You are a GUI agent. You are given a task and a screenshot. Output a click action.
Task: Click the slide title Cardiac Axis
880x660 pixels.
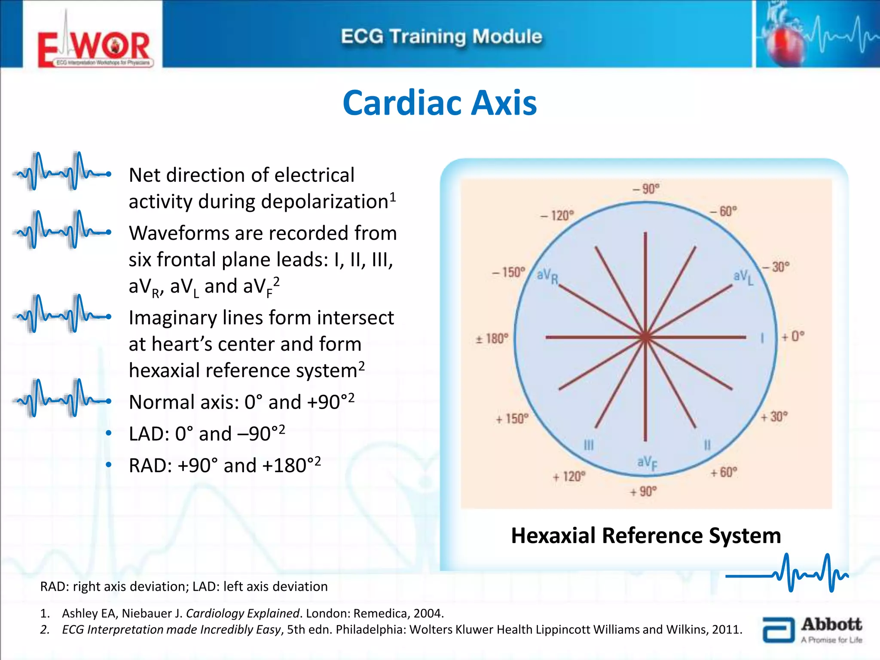coord(440,103)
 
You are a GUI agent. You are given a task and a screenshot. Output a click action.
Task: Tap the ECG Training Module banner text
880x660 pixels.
coord(441,37)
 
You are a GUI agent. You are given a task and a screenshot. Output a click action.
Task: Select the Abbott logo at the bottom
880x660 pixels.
coord(812,630)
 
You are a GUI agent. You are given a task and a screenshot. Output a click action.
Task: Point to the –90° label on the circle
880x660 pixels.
coord(646,189)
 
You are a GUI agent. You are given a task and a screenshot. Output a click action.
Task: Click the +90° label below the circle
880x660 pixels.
coord(643,492)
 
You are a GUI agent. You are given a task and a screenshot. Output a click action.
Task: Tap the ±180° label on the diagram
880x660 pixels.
coord(492,339)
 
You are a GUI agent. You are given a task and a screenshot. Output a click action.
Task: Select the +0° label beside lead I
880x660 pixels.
coord(792,336)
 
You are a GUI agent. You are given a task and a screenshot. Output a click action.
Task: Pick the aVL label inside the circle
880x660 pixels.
coord(743,277)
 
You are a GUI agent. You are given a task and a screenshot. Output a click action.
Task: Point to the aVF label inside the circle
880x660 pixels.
coord(647,463)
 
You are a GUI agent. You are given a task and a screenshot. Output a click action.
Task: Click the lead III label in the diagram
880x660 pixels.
coord(589,445)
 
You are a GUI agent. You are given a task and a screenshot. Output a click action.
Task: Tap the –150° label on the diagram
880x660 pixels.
coord(509,272)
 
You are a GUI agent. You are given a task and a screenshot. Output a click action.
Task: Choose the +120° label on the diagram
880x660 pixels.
coord(569,477)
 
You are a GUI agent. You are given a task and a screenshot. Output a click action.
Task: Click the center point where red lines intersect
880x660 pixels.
coord(645,338)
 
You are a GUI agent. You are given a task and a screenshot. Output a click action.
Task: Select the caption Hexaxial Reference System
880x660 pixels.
coord(646,536)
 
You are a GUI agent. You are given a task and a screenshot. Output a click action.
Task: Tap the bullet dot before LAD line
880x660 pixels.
coord(109,433)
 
